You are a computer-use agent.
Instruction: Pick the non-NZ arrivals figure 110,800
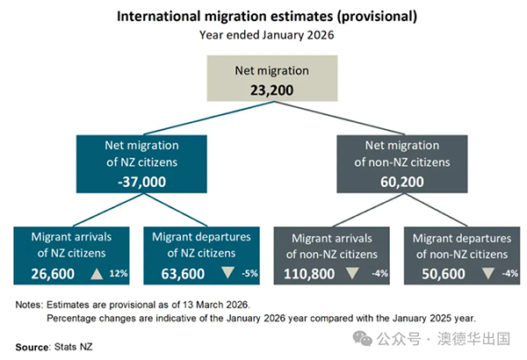(x=309, y=273)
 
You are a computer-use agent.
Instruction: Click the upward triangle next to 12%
(x=97, y=273)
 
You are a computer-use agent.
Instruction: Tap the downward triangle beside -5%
(x=228, y=273)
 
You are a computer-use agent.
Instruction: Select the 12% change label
(x=119, y=274)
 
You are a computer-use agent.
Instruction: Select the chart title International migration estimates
(x=263, y=17)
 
